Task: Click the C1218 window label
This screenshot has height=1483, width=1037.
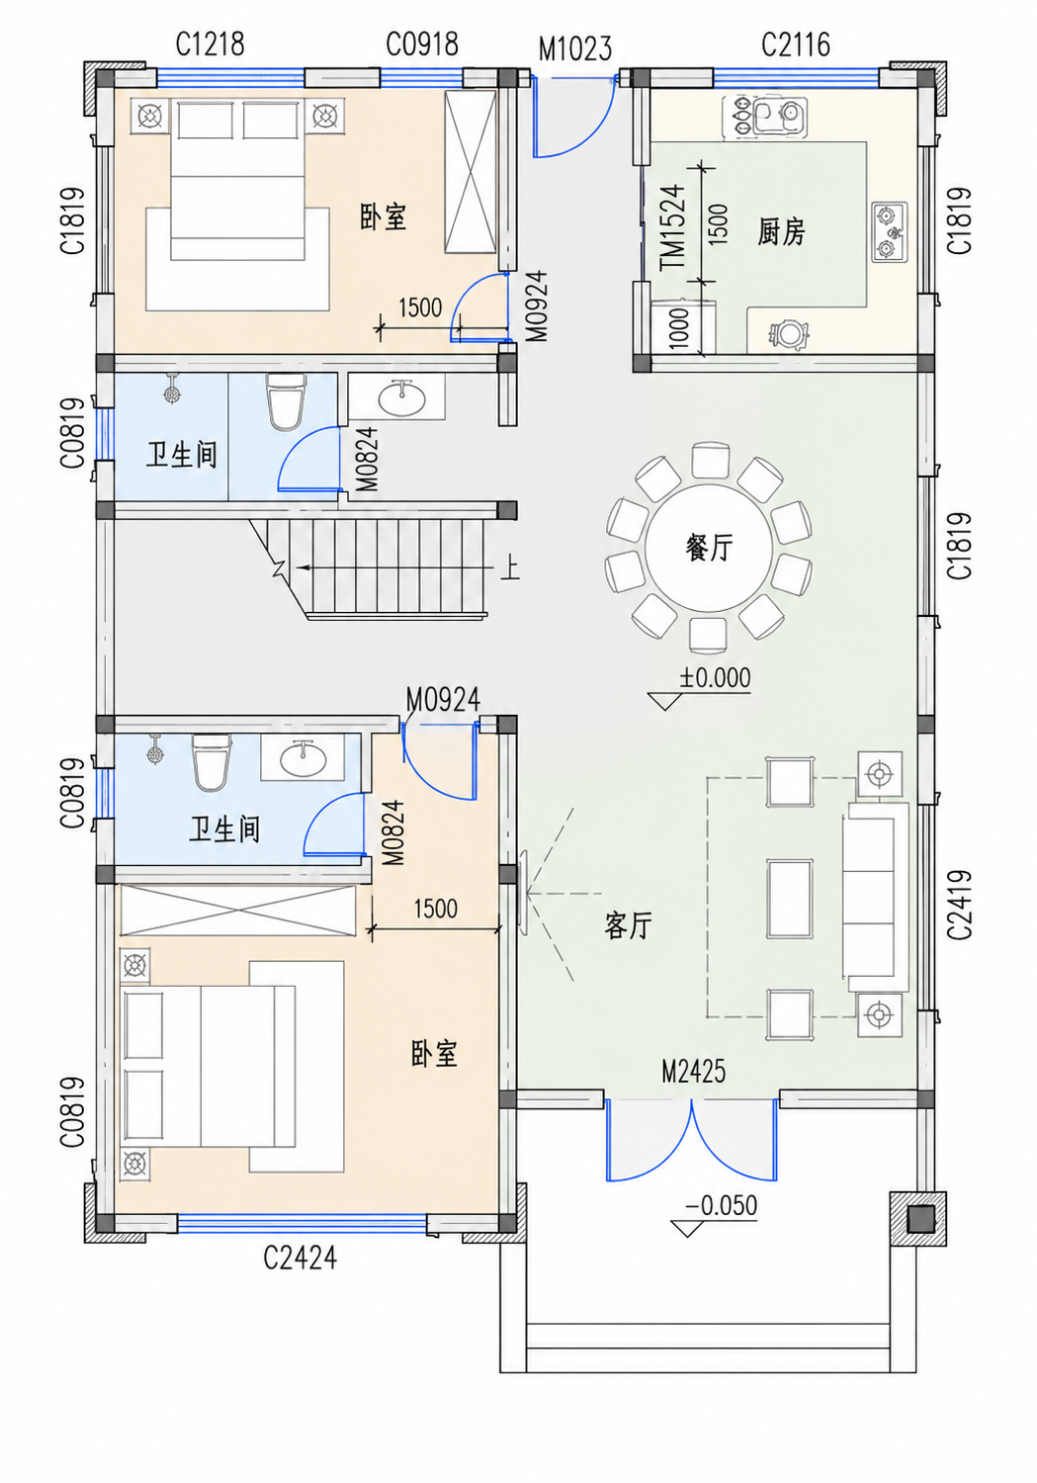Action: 210,44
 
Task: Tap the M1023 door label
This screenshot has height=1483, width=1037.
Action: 574,49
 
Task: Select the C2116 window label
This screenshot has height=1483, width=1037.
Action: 795,45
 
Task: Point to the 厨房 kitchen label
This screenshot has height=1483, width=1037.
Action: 781,232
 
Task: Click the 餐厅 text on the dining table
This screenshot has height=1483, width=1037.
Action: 709,548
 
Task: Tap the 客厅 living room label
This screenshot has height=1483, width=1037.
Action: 628,924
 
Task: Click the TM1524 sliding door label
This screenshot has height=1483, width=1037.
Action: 673,226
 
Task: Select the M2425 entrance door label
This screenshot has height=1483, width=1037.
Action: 694,1071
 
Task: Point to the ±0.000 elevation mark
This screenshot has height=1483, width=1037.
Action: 715,678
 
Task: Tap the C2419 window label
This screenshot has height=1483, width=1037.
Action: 960,905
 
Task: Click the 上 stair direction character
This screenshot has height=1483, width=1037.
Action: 509,568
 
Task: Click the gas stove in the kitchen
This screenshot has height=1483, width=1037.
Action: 889,232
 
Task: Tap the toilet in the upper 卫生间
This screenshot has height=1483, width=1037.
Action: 286,401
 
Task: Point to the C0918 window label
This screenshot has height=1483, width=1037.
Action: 422,44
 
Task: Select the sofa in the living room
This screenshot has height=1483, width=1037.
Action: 875,890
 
